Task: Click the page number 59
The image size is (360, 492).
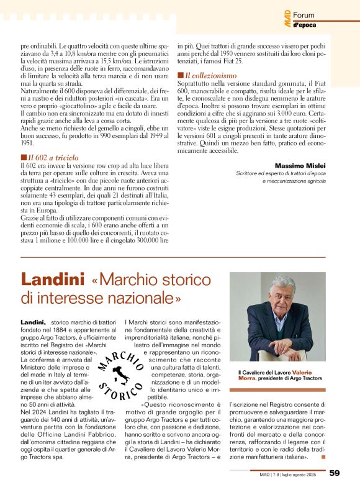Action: pyautogui.click(x=335, y=473)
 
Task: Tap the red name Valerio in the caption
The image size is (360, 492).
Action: pyautogui.click(x=306, y=371)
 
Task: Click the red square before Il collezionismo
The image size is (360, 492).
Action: pyautogui.click(x=180, y=75)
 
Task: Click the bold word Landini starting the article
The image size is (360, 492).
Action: pyautogui.click(x=34, y=322)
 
